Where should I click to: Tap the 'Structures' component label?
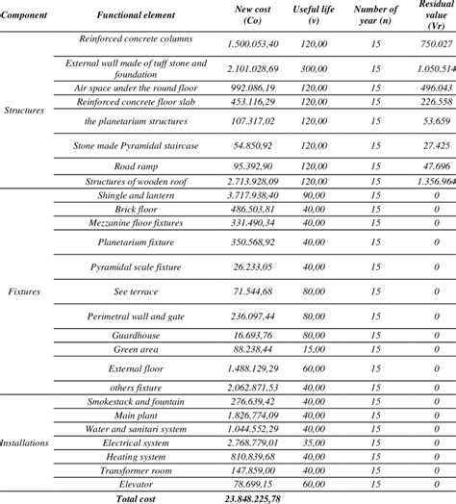(24, 111)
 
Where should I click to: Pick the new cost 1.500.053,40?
(254, 44)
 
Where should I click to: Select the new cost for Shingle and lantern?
(254, 193)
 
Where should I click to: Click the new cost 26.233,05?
(254, 268)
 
